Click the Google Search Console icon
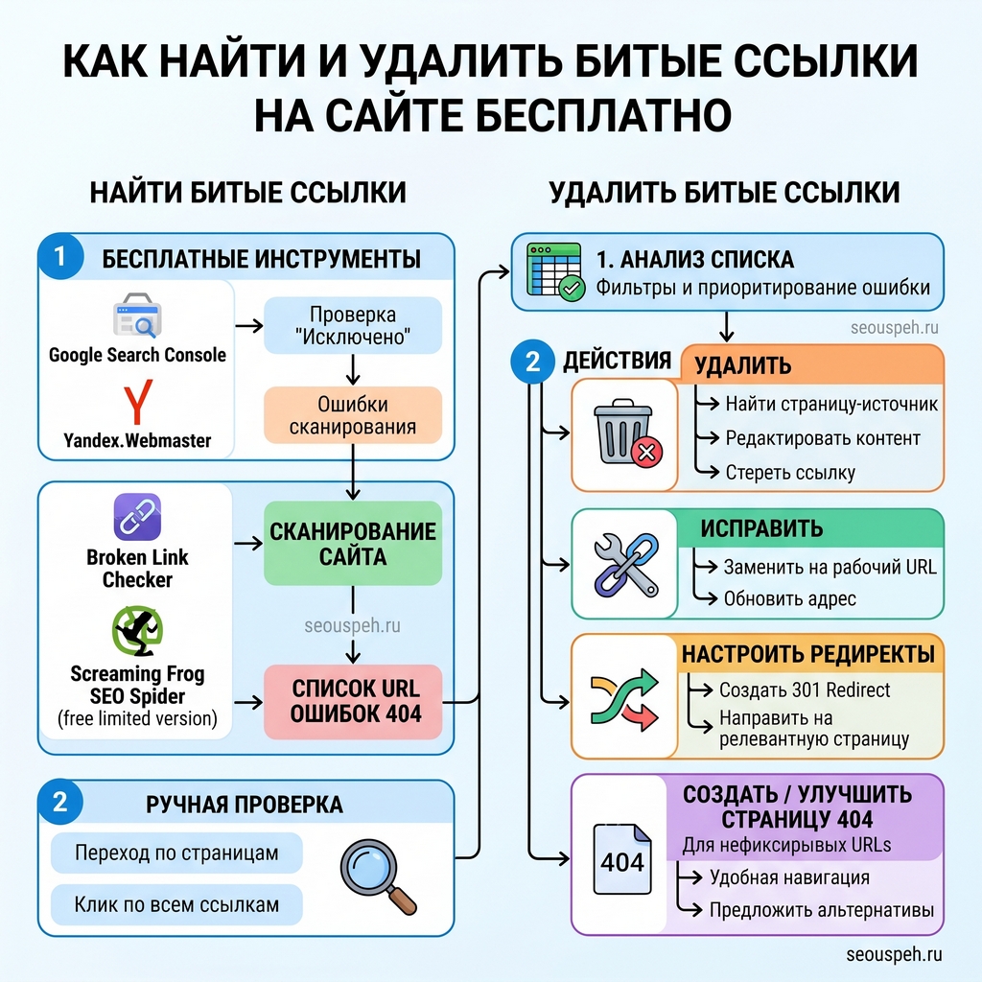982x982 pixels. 137,316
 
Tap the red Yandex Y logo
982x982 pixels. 138,402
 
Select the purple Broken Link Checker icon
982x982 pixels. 137,517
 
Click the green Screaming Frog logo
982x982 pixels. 137,631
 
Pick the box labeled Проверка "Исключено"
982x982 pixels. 353,325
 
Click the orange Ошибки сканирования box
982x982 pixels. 353,415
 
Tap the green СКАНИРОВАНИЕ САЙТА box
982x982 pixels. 353,544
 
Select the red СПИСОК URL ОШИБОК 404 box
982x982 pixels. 353,701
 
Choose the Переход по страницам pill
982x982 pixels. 176,853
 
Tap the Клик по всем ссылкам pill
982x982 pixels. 176,905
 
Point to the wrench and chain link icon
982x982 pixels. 625,565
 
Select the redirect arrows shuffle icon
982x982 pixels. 624,699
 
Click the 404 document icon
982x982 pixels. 622,859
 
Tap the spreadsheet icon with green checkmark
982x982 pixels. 555,271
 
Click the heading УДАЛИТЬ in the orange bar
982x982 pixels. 743,365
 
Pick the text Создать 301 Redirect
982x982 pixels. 805,690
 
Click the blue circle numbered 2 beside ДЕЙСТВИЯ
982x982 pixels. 532,362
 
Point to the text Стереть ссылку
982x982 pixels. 790,473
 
